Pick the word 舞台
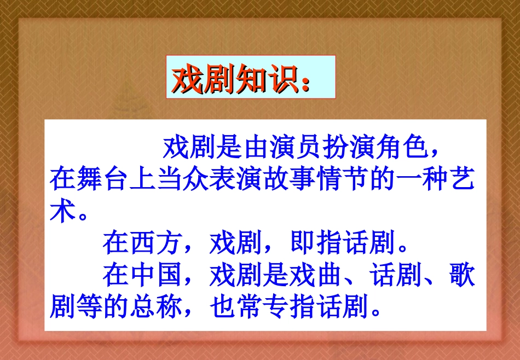coord(102,179)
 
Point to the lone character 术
coord(62,211)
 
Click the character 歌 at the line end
coord(462,275)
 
